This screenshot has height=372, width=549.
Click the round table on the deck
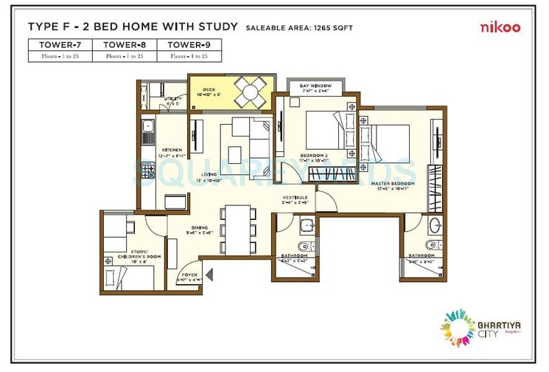tap(251, 93)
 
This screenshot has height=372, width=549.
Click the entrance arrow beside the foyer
tap(210, 275)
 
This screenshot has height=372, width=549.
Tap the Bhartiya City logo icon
tap(458, 324)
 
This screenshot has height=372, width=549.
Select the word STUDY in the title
tap(215, 27)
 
